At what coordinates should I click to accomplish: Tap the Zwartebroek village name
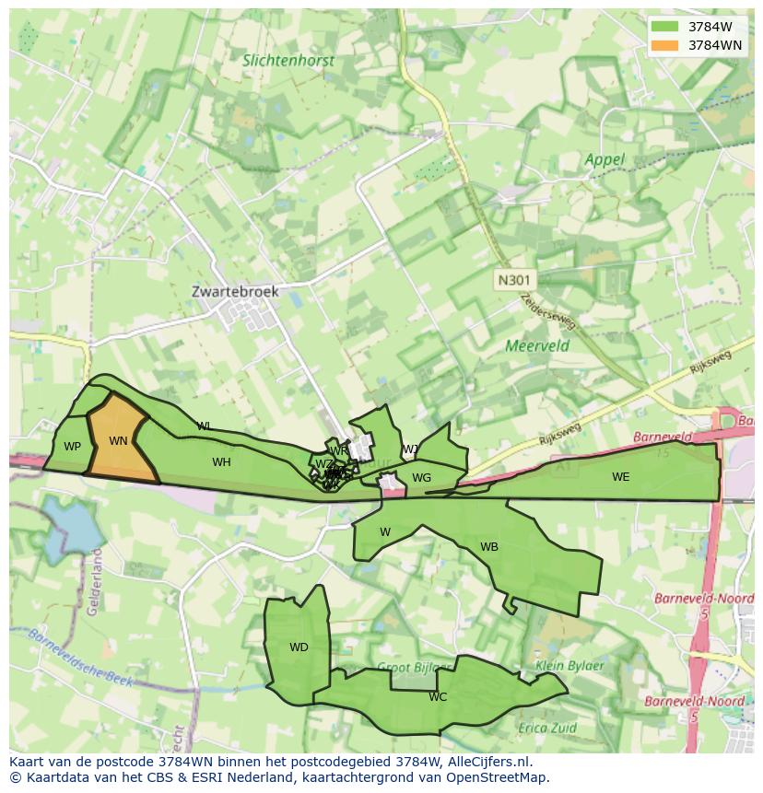(x=235, y=291)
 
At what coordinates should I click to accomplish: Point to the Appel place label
(x=605, y=159)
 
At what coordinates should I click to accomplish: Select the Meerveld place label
(x=537, y=346)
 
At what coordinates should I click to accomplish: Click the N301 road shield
(x=514, y=280)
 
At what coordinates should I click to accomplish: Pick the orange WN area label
(x=118, y=441)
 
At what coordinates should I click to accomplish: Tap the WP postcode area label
(x=72, y=447)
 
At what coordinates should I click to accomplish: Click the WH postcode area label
(x=221, y=462)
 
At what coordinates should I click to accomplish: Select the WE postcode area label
(x=621, y=477)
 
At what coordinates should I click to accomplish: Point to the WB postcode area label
(x=489, y=547)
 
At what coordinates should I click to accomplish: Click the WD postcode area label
(x=299, y=647)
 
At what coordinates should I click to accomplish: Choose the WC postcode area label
(x=438, y=697)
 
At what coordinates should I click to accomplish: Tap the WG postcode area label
(x=421, y=478)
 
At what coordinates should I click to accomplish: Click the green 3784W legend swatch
(x=663, y=27)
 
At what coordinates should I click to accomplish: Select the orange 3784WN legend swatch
(x=663, y=45)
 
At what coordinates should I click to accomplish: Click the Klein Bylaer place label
(x=569, y=666)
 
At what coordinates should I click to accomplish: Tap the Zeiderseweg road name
(x=548, y=312)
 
